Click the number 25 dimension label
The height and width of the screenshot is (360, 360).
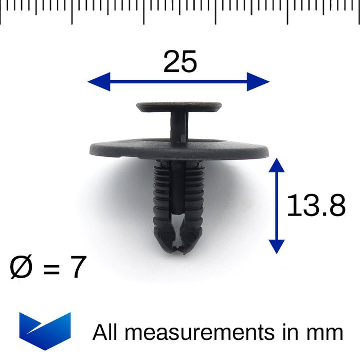(180, 62)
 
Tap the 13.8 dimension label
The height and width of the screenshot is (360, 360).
(316, 205)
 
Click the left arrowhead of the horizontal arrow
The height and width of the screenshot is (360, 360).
(99, 81)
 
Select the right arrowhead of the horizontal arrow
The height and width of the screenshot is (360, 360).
(258, 81)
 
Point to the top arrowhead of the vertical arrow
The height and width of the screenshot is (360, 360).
(277, 165)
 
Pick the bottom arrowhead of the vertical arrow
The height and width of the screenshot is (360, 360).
(277, 246)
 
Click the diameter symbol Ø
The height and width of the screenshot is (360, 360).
(21, 267)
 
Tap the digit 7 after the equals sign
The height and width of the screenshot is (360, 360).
(79, 266)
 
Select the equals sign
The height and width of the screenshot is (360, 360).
(51, 268)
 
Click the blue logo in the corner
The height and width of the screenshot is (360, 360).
(45, 331)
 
